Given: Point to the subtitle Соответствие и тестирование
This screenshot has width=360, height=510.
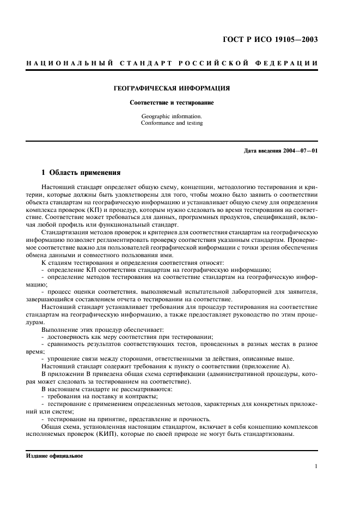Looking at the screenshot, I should (x=172, y=102).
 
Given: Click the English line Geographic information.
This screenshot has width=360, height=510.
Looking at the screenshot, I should (x=172, y=116).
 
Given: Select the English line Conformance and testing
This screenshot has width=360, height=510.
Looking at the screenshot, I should (x=172, y=123).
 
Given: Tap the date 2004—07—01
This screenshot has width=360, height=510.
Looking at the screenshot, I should (x=300, y=151).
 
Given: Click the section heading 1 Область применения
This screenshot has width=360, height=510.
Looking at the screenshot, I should (x=81, y=173).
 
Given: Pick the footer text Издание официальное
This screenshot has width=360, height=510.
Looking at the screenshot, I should (x=55, y=456).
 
